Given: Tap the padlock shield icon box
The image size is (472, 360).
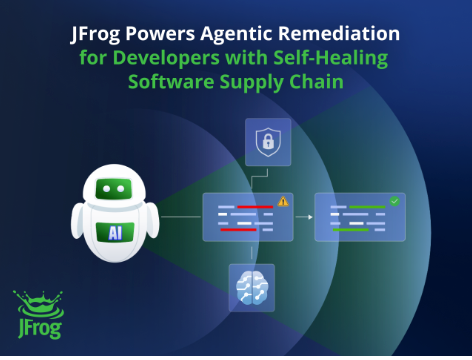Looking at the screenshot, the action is point(268,142).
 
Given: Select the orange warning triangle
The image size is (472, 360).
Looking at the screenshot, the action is point(283,201).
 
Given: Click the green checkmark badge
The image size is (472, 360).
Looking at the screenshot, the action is point(394,201).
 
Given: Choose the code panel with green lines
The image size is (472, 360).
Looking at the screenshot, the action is point(359,217).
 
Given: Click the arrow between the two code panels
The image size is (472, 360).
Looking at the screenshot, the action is point(302,215).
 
